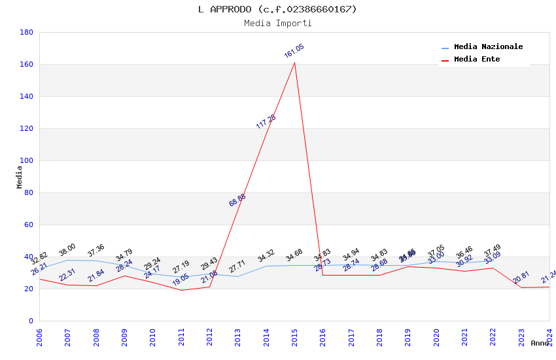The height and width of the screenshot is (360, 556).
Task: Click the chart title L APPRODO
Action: (277, 9)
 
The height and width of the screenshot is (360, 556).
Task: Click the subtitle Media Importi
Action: (277, 24)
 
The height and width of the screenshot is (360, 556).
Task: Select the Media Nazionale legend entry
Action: (488, 47)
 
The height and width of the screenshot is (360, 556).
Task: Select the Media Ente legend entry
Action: (477, 60)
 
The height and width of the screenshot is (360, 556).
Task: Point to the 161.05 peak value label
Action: (294, 51)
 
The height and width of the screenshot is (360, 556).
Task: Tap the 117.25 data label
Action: (266, 121)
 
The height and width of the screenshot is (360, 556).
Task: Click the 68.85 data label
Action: (237, 200)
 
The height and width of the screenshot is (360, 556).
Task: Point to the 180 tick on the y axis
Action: (27, 32)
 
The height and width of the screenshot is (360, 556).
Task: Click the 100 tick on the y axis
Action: (27, 160)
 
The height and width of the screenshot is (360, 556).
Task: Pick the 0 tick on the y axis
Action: (31, 321)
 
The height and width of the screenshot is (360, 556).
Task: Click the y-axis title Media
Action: (20, 177)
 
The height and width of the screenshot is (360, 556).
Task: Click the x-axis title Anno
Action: (540, 343)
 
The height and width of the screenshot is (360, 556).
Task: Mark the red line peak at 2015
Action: (294, 63)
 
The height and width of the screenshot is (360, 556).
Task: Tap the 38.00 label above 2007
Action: (67, 249)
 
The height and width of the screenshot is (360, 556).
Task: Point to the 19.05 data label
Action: (181, 279)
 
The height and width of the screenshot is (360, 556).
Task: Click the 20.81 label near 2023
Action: (521, 278)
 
